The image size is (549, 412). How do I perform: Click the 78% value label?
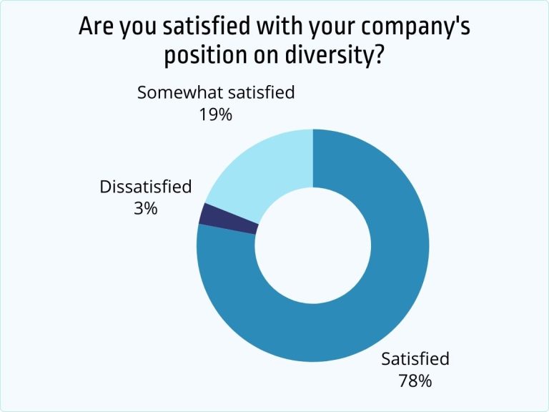[415, 380]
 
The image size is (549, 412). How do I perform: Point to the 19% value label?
[216, 114]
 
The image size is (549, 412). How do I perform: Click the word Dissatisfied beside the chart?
[146, 187]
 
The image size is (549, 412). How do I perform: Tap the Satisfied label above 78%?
[415, 359]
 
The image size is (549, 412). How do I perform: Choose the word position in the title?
[202, 55]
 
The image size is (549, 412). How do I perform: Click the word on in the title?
[267, 55]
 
